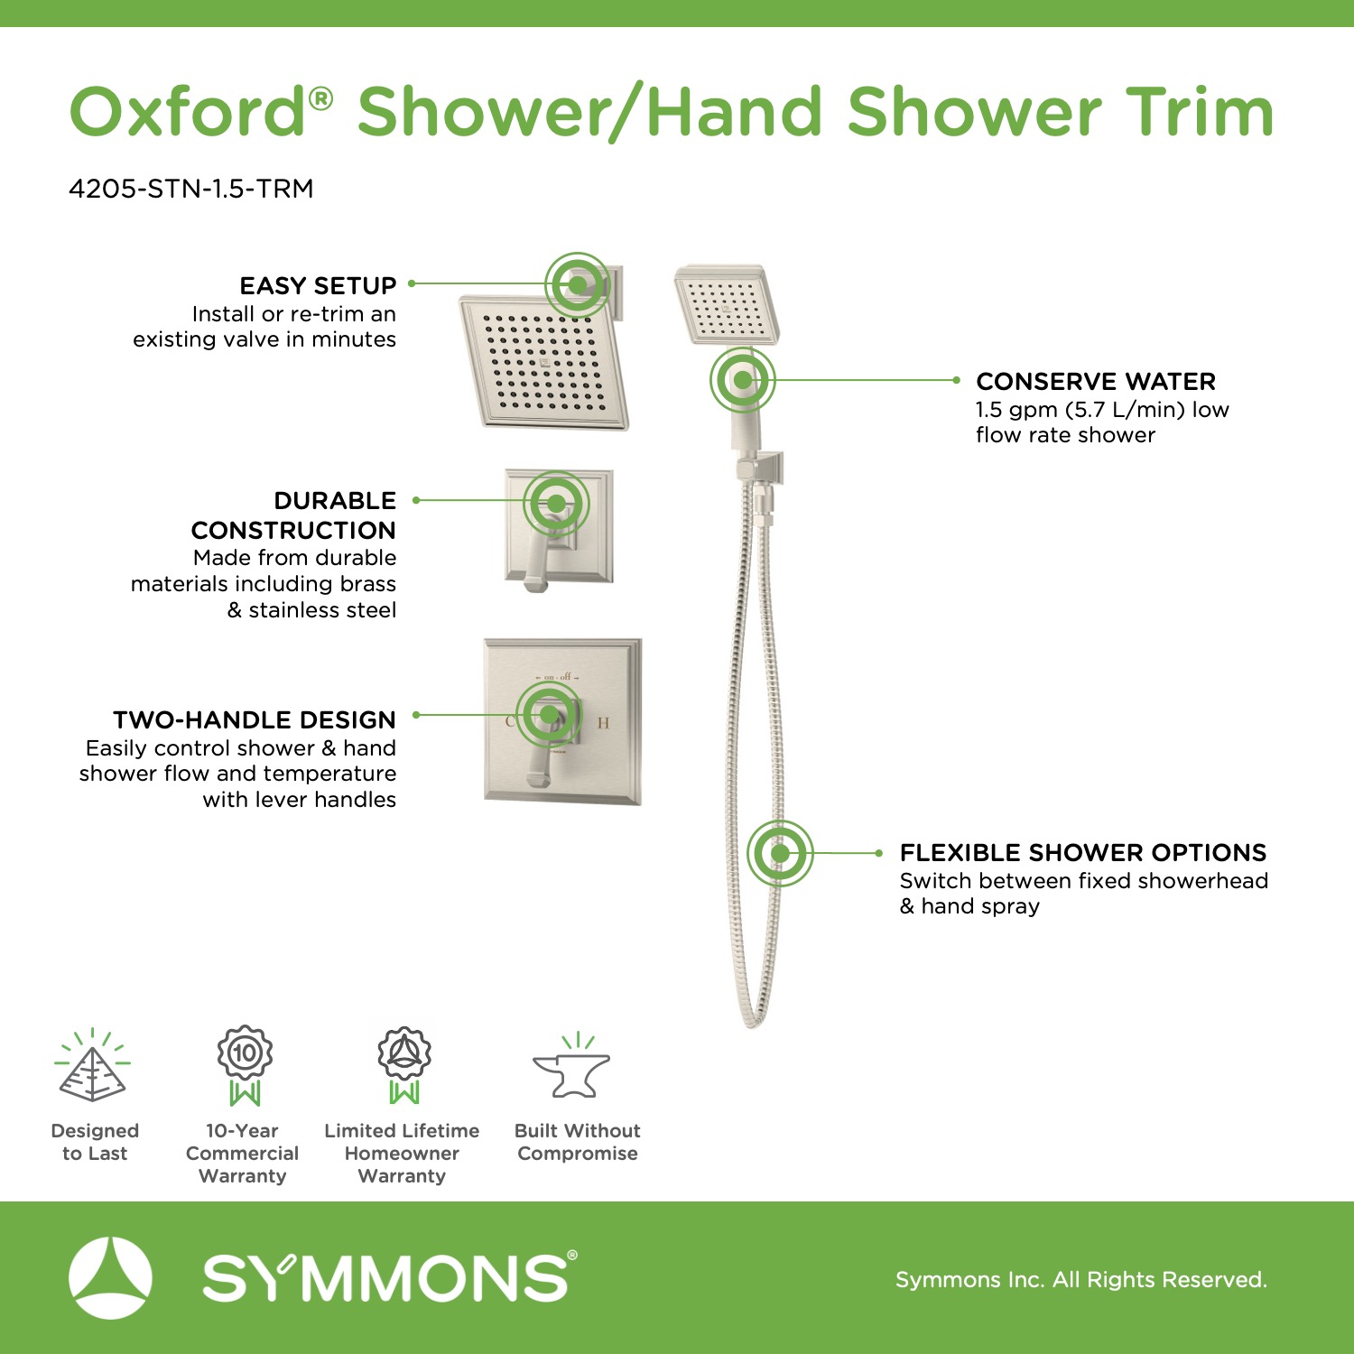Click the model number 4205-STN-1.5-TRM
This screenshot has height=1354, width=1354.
[x=191, y=189]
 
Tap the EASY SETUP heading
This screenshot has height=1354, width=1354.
[x=318, y=286]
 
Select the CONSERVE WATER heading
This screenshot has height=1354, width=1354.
[x=1096, y=381]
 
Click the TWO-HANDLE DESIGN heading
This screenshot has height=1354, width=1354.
[x=255, y=720]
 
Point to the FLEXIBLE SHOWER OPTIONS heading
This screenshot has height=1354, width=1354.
[x=1083, y=853]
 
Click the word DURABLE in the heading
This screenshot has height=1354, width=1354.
[x=335, y=501]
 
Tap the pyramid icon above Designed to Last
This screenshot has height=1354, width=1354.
[x=92, y=1066]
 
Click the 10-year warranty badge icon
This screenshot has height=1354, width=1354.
[x=245, y=1066]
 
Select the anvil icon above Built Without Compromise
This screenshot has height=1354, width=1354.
[x=572, y=1067]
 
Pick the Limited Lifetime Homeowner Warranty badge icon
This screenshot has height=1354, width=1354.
[x=403, y=1066]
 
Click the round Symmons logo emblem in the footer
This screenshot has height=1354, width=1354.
[x=111, y=1277]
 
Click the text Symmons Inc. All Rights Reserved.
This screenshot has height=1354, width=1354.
[x=1081, y=1279]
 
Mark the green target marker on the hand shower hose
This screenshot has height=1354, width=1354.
[x=780, y=853]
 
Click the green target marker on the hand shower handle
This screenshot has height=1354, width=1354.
[x=742, y=380]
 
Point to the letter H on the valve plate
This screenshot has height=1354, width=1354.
[x=603, y=722]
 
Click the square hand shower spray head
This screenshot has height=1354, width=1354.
[x=728, y=305]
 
